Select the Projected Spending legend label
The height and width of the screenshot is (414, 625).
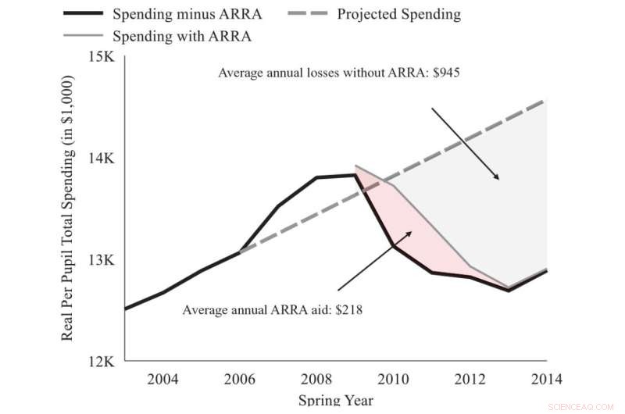(398, 14)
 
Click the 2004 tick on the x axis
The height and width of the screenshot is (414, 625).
(162, 380)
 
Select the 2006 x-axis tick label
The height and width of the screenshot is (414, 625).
(239, 380)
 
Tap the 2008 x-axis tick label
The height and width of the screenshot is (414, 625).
(316, 380)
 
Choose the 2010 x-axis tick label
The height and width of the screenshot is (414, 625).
(392, 380)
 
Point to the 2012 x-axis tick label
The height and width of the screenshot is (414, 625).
(469, 380)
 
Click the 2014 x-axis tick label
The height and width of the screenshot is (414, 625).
(545, 380)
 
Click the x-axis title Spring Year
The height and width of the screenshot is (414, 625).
(336, 401)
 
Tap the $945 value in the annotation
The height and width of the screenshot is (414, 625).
(448, 73)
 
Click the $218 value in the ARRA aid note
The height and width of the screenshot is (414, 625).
(348, 309)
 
